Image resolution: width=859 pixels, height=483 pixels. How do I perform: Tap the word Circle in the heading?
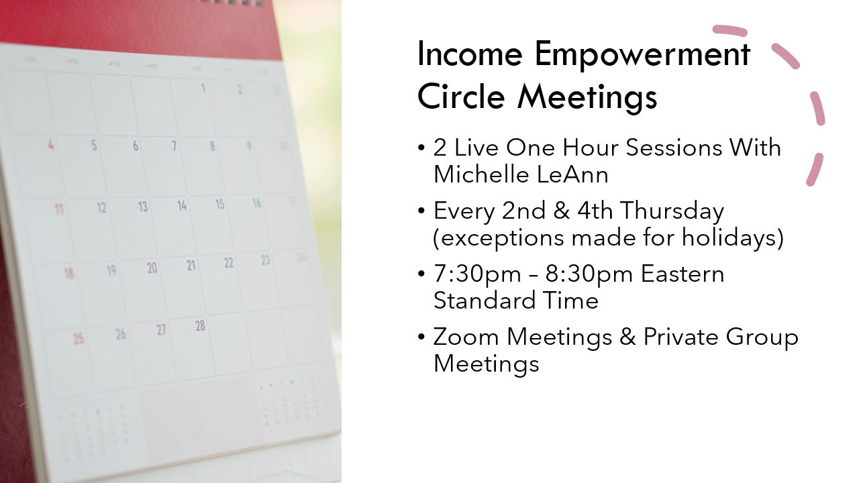[460, 96]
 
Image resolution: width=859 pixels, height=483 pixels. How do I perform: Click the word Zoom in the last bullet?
[466, 337]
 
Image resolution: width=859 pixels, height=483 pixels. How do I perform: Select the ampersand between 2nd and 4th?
[562, 211]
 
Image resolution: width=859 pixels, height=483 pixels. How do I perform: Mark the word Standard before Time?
[484, 300]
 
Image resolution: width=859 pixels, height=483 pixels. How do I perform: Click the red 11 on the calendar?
[58, 209]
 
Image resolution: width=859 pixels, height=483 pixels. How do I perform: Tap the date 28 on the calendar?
[200, 326]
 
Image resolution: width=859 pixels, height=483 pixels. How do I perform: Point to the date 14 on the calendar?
[182, 205]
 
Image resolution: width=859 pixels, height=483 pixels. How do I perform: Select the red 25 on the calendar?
[79, 339]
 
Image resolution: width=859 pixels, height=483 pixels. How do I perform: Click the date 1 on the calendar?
[203, 89]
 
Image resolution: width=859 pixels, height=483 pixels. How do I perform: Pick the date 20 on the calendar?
[152, 268]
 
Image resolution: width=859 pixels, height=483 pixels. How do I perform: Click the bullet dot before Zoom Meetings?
[421, 337]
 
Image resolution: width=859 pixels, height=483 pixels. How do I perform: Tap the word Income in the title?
[470, 55]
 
